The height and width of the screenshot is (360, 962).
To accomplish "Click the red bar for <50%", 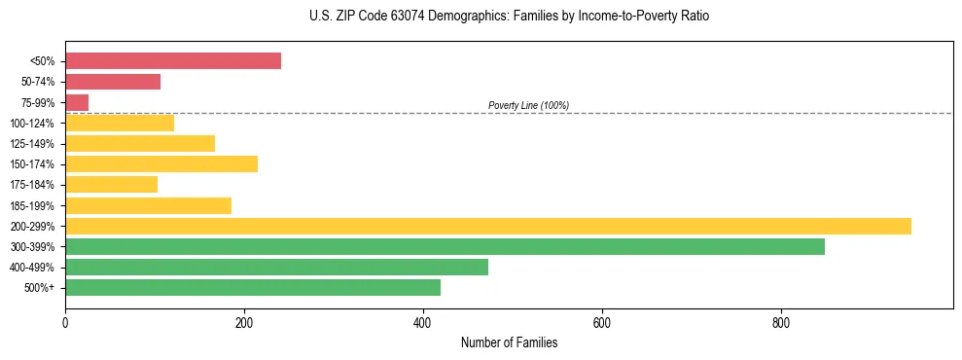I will (x=173, y=61).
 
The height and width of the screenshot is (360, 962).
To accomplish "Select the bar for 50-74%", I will (x=113, y=82).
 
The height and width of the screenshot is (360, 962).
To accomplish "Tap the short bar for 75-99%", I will (x=77, y=102).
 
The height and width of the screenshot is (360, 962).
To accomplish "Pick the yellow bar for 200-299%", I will (x=488, y=226).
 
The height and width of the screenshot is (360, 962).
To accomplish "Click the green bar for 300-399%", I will (x=445, y=246).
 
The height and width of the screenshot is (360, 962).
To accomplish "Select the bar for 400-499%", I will (x=276, y=267).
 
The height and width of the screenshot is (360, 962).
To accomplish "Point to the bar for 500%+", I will (x=253, y=287).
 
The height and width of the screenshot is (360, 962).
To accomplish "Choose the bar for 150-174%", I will (x=161, y=163).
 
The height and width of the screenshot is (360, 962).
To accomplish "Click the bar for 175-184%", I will (x=111, y=184).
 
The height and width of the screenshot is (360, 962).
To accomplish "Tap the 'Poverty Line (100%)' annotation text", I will (x=528, y=105).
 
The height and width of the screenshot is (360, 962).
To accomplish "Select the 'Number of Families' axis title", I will (x=509, y=342).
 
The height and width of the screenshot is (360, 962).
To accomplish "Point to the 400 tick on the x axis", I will (x=423, y=322).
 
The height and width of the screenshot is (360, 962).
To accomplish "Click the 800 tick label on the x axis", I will (x=781, y=322).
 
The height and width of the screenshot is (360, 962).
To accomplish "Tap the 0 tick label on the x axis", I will (x=65, y=322).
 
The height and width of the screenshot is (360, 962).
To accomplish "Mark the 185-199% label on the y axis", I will (x=32, y=205).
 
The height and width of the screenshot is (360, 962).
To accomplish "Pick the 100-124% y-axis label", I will (x=32, y=123).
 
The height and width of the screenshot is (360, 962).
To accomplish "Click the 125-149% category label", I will (x=32, y=143).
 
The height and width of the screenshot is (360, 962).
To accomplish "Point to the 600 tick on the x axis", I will (x=602, y=322).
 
